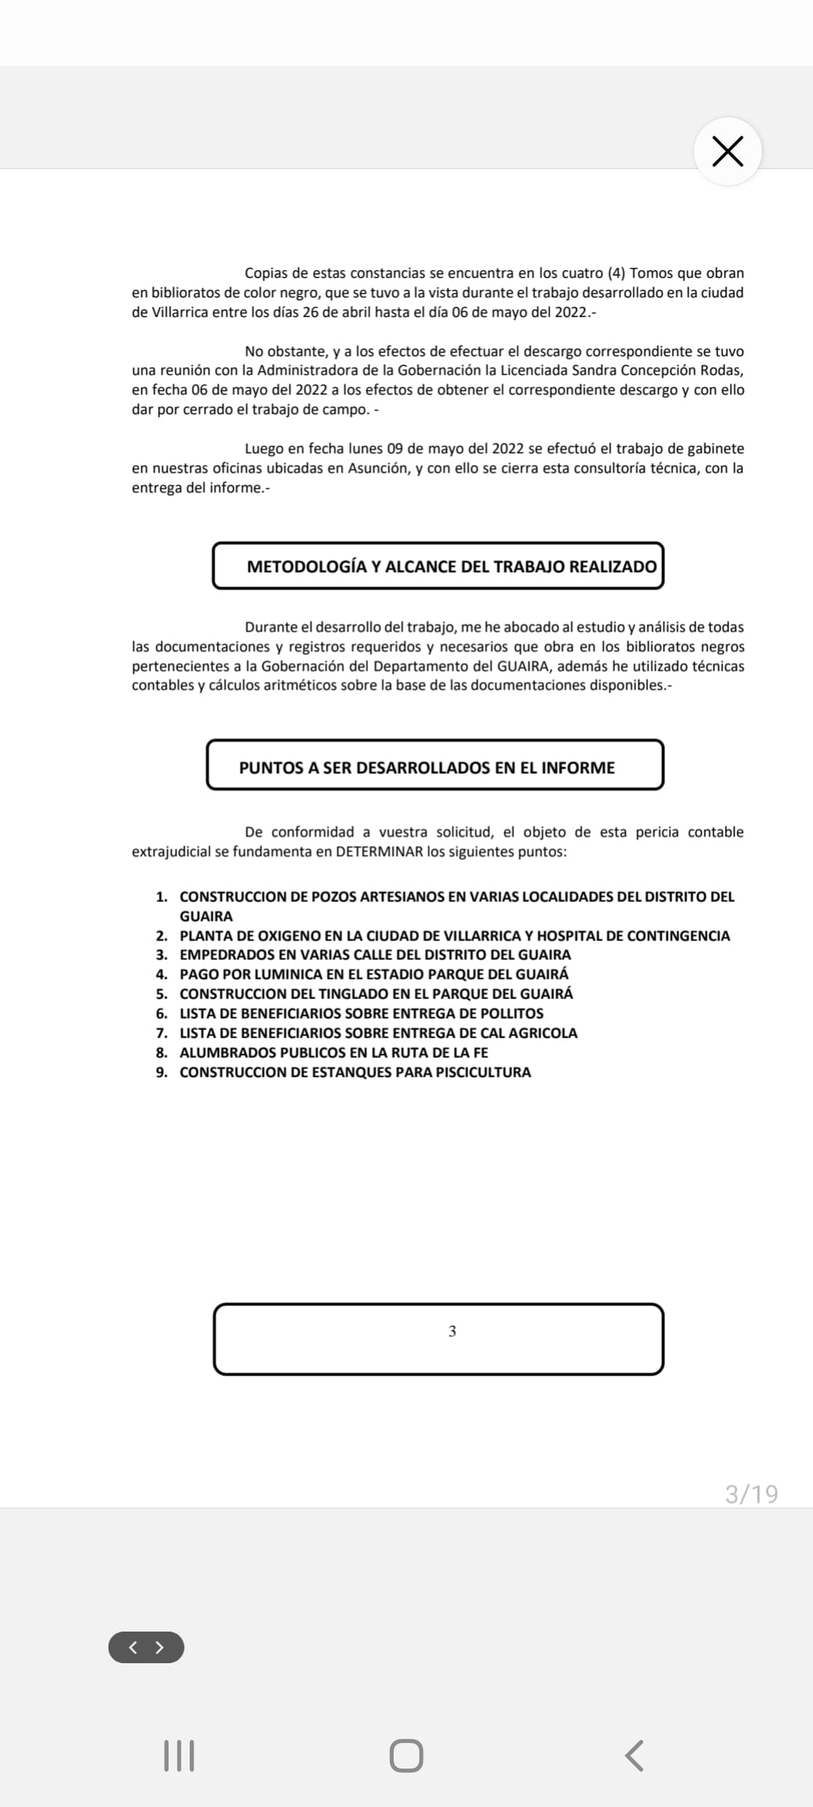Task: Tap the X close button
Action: [727, 151]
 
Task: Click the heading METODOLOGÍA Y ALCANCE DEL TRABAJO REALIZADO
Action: [452, 566]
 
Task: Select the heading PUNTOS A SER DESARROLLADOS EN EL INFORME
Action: [427, 767]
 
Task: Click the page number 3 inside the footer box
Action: [452, 1331]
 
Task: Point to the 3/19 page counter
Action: [751, 1494]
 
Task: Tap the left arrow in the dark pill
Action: [133, 1647]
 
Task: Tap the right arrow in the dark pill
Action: [160, 1647]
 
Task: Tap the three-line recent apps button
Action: [179, 1756]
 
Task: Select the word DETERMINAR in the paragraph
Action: [379, 852]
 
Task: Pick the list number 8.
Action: [161, 1053]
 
